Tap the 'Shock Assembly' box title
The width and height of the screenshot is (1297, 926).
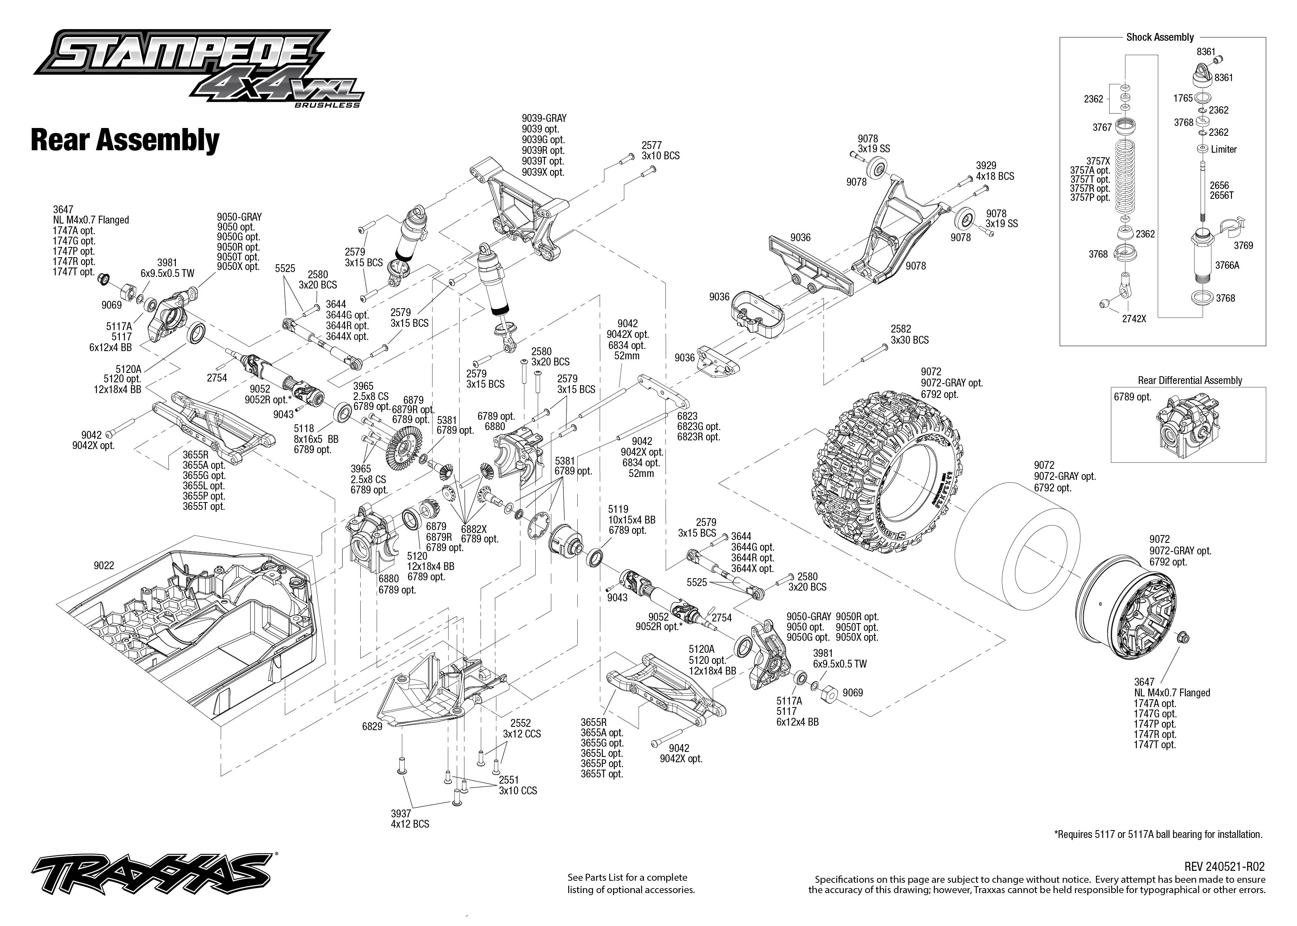1159,37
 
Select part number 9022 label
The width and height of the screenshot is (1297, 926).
104,565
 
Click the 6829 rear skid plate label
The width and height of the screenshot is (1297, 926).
372,726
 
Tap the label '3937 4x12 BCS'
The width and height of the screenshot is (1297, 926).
410,819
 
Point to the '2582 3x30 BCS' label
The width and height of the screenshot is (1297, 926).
909,335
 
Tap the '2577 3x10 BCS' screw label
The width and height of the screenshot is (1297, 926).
660,151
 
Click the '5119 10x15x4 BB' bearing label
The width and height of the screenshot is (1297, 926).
631,519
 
